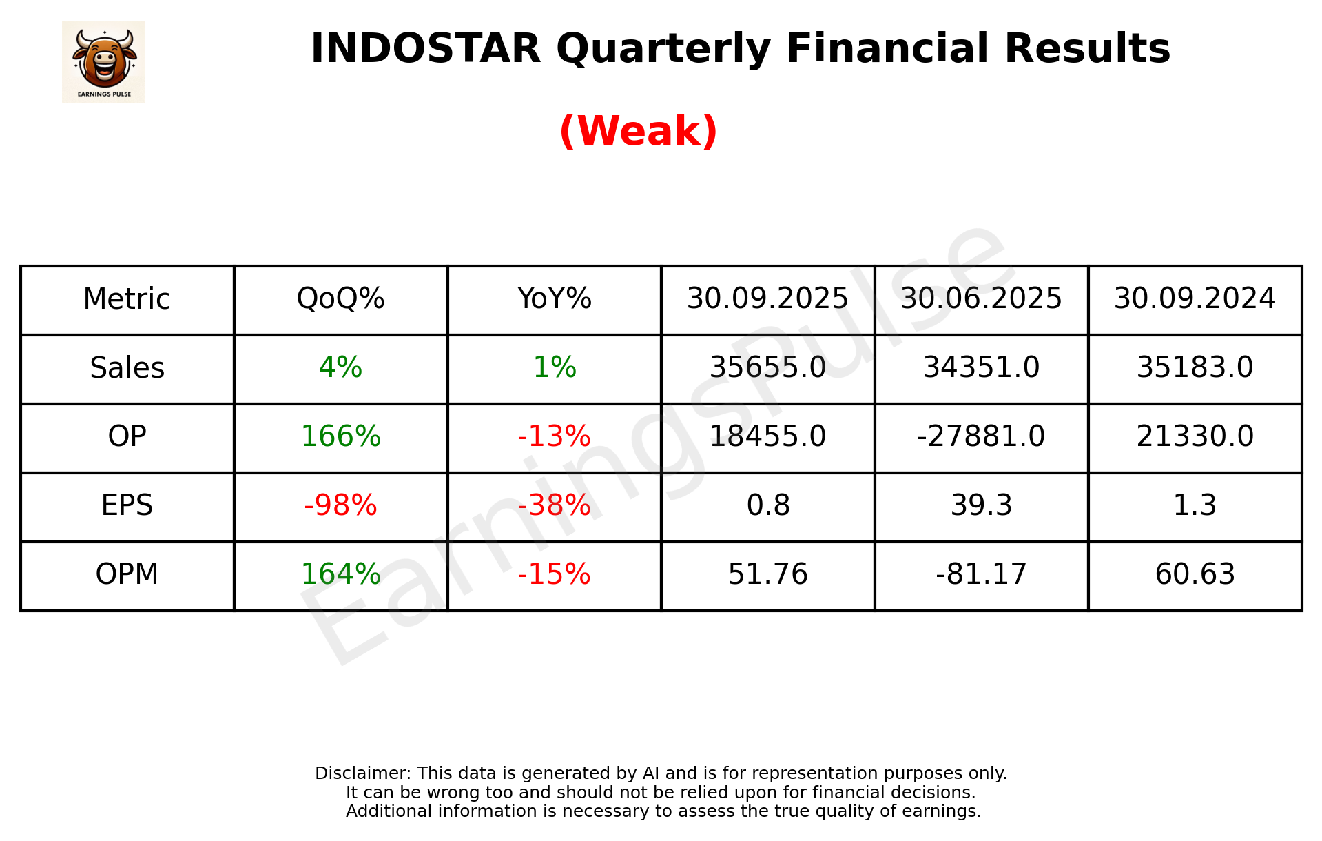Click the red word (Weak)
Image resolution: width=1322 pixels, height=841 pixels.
click(x=638, y=131)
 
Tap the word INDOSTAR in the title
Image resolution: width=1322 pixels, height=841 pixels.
click(x=425, y=49)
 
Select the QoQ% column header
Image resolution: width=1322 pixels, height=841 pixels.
click(x=340, y=299)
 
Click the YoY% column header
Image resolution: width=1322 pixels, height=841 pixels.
click(x=554, y=299)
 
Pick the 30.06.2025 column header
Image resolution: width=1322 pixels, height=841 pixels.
click(x=981, y=299)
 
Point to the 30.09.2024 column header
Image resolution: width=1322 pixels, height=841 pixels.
click(x=1195, y=299)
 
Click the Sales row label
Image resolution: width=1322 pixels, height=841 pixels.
click(x=127, y=368)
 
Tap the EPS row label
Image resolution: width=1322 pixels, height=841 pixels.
click(x=127, y=506)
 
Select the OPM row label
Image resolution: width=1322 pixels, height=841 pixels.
click(x=127, y=575)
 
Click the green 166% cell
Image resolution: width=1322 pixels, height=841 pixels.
click(x=340, y=437)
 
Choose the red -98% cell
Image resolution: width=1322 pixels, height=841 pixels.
click(x=340, y=506)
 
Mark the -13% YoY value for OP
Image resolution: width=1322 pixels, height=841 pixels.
click(x=554, y=437)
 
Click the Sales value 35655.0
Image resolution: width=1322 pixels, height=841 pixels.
click(x=767, y=368)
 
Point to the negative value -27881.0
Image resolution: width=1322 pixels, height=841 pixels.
click(x=981, y=437)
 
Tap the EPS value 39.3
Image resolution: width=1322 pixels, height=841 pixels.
click(x=981, y=506)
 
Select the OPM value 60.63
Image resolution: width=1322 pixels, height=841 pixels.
click(x=1195, y=575)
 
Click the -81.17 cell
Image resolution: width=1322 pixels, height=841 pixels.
click(x=981, y=575)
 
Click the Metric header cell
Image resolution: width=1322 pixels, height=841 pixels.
click(x=127, y=299)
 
